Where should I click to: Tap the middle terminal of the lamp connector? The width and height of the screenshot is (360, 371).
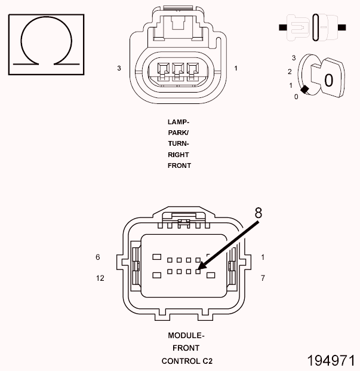tap(178, 71)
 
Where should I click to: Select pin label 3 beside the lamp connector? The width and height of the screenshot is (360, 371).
tap(119, 69)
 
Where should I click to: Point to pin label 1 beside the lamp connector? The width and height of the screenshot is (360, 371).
tap(236, 69)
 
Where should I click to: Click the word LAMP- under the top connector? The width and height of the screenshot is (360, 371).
tap(179, 121)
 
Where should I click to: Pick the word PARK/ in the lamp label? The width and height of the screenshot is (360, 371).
tap(179, 133)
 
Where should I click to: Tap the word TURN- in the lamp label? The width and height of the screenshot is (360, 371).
tap(179, 143)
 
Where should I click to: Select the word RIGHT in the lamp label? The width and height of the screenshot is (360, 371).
tap(179, 155)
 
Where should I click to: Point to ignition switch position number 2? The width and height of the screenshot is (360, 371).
tap(289, 72)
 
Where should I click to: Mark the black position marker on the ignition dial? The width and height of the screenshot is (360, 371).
tap(304, 90)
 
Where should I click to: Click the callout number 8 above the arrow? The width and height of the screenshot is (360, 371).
tap(258, 213)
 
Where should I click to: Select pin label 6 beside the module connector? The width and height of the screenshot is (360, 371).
tap(97, 257)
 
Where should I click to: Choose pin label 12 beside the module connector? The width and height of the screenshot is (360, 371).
tap(100, 278)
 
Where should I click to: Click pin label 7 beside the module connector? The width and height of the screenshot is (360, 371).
tap(262, 278)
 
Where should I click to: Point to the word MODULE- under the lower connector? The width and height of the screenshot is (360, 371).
tap(186, 335)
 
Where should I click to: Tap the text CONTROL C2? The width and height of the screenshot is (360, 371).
tap(186, 361)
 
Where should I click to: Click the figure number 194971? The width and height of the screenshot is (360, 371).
tap(331, 361)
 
